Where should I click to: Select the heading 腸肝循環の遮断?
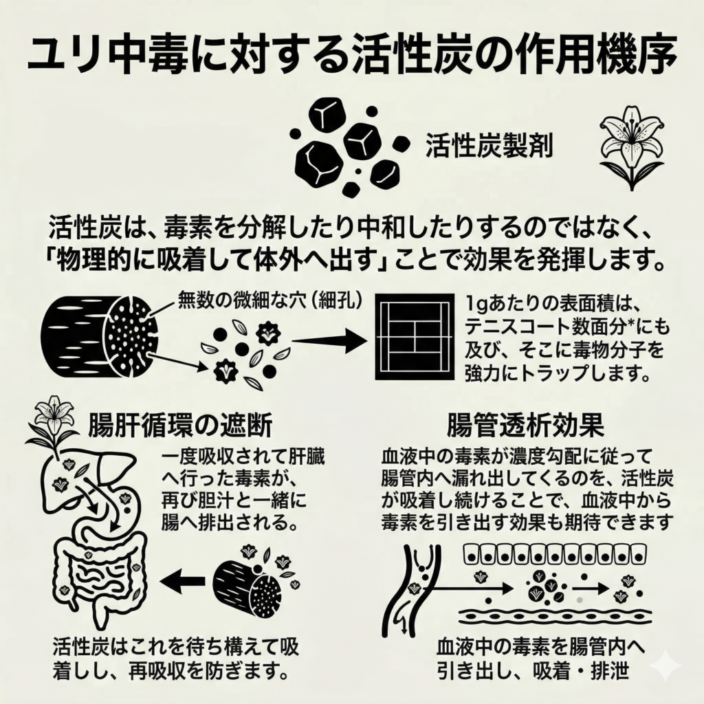pyautogui.click(x=180, y=426)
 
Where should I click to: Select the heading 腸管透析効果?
pyautogui.click(x=525, y=426)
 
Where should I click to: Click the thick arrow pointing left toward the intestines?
pyautogui.click(x=181, y=582)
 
